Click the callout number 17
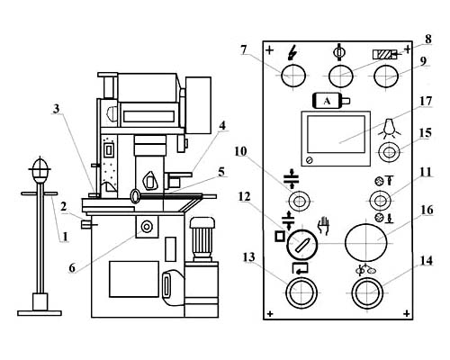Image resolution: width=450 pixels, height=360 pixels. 426,102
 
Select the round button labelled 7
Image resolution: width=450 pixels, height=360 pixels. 293,76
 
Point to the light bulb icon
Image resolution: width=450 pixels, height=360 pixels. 390,128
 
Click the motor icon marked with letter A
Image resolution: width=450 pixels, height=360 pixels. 331,101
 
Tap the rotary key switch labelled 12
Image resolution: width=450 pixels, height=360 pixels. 302,245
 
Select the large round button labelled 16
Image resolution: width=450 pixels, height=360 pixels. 366,243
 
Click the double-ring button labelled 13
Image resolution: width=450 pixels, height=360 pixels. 301,292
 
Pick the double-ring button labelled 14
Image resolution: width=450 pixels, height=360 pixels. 367,292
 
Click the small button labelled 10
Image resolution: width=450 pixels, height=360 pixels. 299,201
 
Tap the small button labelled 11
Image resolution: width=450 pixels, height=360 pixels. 380,201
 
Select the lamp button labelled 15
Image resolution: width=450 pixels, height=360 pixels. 389,152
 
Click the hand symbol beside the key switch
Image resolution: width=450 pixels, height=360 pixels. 324,226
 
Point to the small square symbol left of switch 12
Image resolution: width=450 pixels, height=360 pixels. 280,237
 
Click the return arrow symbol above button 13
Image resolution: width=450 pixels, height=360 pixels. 300,268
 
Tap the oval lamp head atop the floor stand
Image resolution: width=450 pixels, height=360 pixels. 40,170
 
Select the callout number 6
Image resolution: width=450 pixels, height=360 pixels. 72,268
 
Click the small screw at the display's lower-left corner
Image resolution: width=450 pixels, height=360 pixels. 310,160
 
